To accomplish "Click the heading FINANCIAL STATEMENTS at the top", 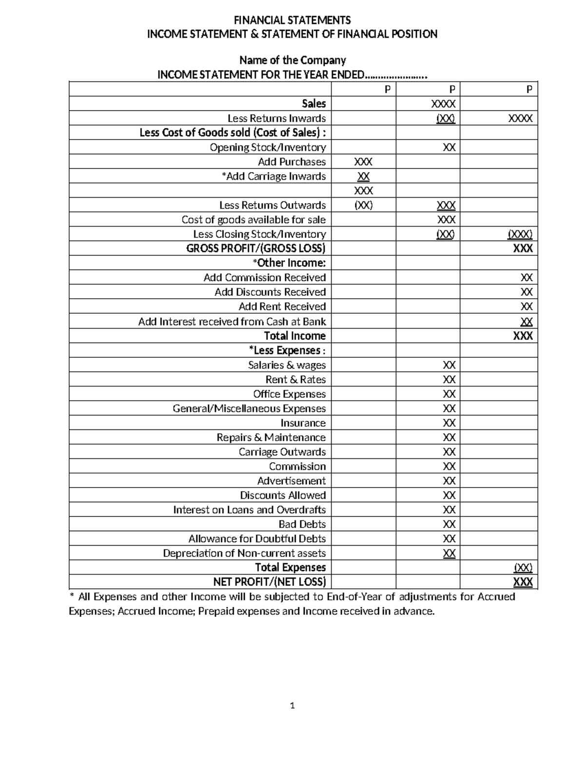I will (x=292, y=20).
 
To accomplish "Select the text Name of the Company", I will (x=292, y=61).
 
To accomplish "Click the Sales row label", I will (x=313, y=103).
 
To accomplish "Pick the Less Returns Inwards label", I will (x=276, y=118).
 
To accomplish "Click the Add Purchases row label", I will (x=292, y=162).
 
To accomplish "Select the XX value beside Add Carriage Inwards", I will (x=363, y=176).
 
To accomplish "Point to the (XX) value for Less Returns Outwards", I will (x=363, y=205).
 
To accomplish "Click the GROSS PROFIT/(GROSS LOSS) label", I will (x=255, y=248).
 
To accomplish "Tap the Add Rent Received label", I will (x=282, y=307).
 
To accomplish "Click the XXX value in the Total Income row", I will (x=523, y=336).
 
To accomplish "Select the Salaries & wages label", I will (x=287, y=365).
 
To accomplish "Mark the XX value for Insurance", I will (x=449, y=423).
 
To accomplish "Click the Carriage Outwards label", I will (x=282, y=452).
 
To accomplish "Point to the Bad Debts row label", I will (x=302, y=524).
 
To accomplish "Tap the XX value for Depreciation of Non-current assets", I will (x=449, y=553).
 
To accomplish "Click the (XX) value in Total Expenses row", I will (x=523, y=568).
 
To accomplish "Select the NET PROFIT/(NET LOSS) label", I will (x=269, y=582).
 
